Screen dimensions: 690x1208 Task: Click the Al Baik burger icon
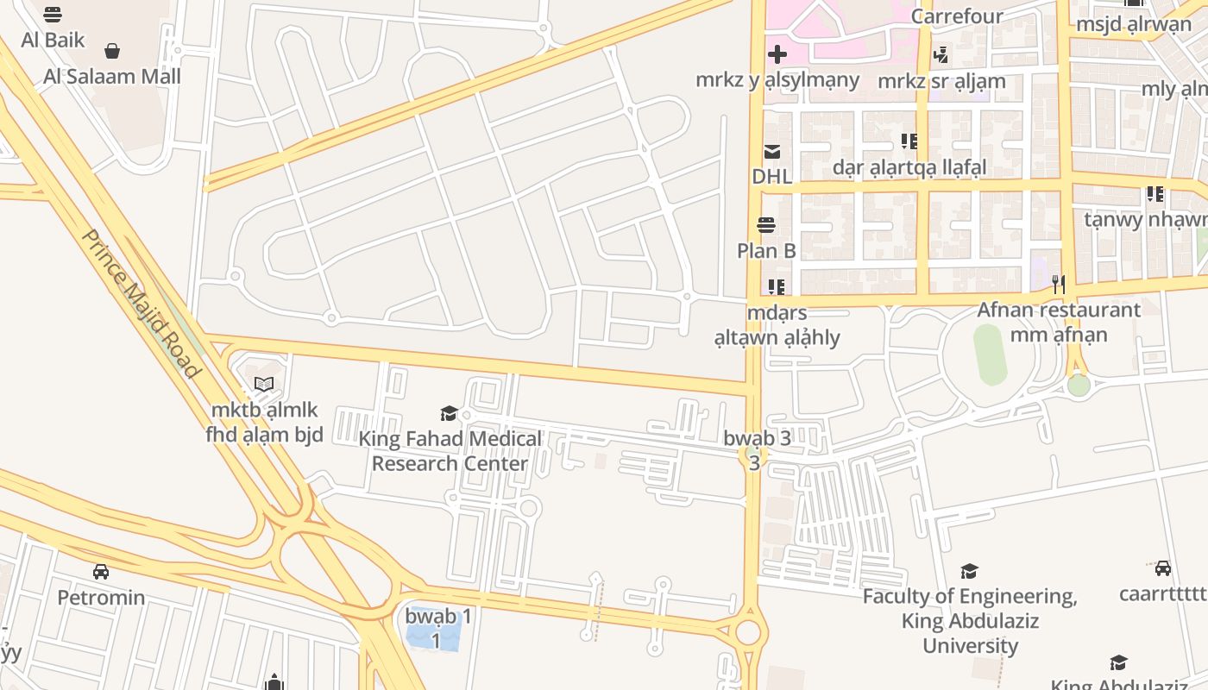pyautogui.click(x=53, y=15)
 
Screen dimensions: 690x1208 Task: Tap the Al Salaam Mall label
pyautogui.click(x=112, y=76)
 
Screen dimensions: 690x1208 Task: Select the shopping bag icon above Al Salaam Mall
pyautogui.click(x=112, y=51)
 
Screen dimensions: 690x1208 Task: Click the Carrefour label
pyautogui.click(x=957, y=16)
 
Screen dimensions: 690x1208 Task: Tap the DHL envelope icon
pyautogui.click(x=771, y=152)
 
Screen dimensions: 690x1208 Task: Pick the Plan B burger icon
pyautogui.click(x=766, y=226)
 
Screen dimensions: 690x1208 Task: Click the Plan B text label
pyautogui.click(x=766, y=251)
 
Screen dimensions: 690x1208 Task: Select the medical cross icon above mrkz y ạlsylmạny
pyautogui.click(x=777, y=54)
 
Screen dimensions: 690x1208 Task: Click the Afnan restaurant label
pyautogui.click(x=1059, y=309)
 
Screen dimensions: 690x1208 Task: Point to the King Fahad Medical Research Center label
pyautogui.click(x=450, y=450)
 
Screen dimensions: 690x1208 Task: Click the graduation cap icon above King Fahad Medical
pyautogui.click(x=449, y=413)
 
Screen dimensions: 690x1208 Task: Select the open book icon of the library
pyautogui.click(x=264, y=385)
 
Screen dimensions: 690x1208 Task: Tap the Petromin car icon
pyautogui.click(x=101, y=571)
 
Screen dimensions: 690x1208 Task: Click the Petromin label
pyautogui.click(x=101, y=597)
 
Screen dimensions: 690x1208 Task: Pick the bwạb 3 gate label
pyautogui.click(x=757, y=438)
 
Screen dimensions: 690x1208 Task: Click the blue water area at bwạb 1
pyautogui.click(x=433, y=635)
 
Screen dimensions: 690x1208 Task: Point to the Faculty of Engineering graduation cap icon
pyautogui.click(x=970, y=571)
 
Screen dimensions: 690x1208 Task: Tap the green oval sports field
pyautogui.click(x=990, y=354)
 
